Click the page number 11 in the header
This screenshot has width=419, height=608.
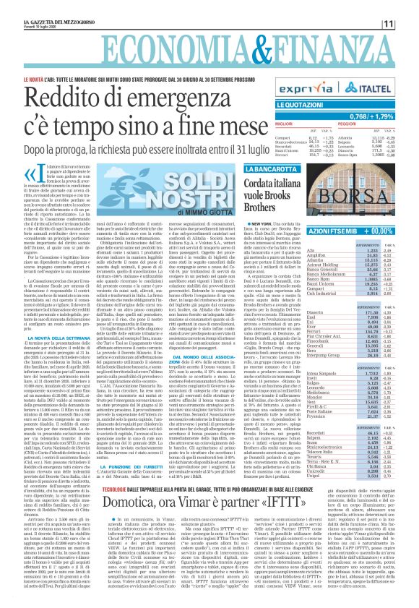coord(406,7)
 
